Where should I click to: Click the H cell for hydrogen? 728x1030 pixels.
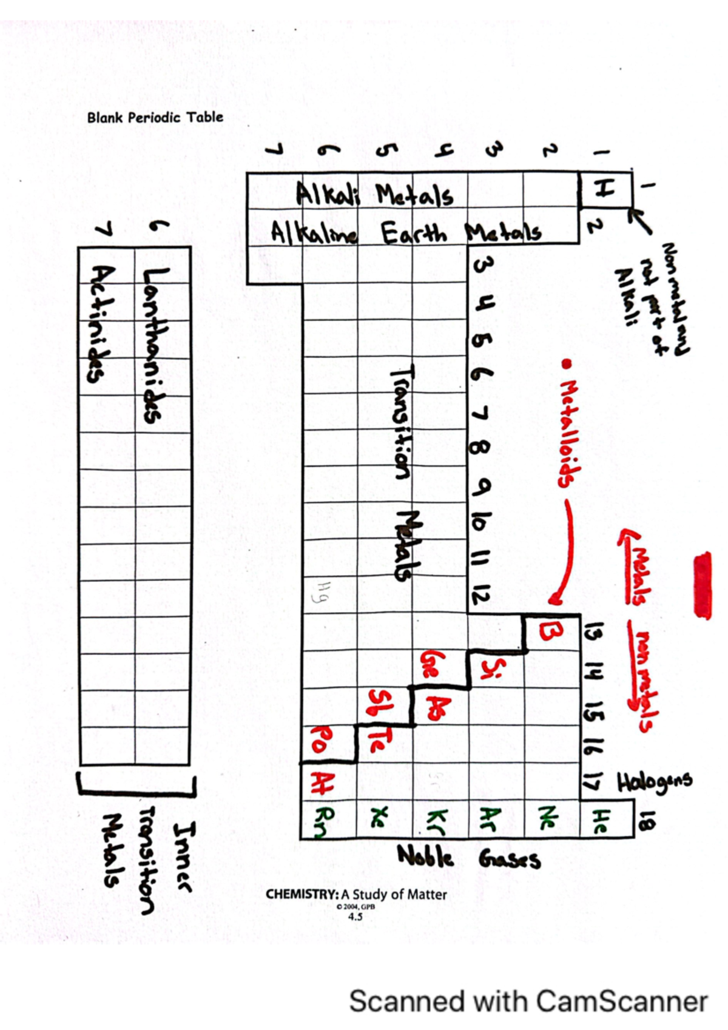coord(604,190)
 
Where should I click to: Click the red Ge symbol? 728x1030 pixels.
coord(430,665)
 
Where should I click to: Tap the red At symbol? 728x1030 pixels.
coord(319,783)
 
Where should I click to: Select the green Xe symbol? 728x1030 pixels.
coord(380,820)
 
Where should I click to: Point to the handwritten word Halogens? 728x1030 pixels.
coord(655,783)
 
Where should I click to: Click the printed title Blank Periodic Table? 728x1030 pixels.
coord(155,117)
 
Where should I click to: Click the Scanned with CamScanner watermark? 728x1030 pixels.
coord(528,1001)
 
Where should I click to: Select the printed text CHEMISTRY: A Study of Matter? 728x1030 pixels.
coord(356,894)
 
